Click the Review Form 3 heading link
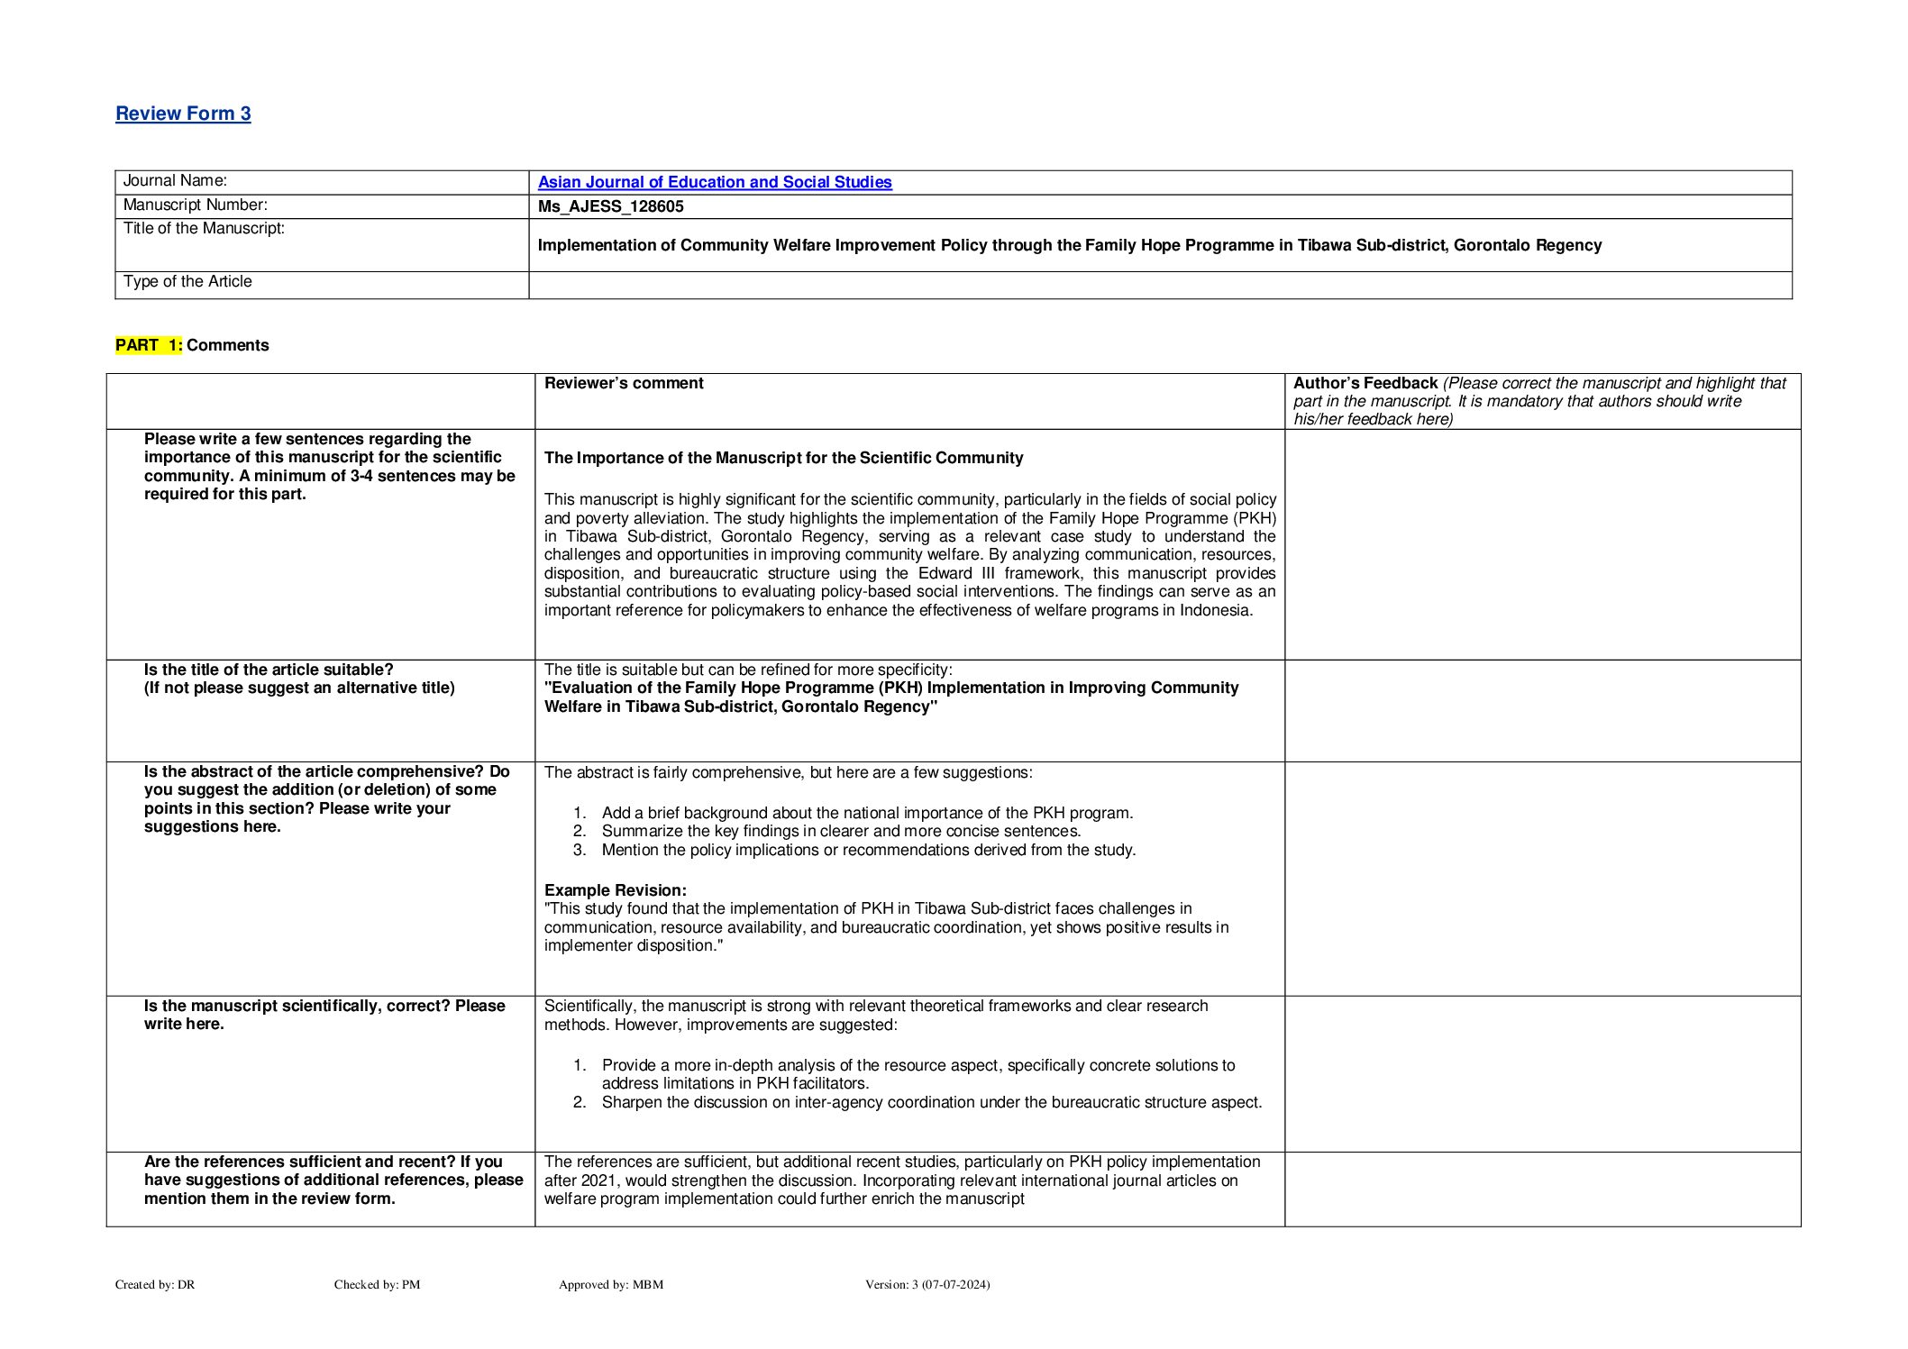tap(183, 114)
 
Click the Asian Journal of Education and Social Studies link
tap(715, 182)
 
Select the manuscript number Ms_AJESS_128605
tap(610, 206)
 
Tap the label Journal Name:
tap(175, 181)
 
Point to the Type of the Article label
tap(187, 282)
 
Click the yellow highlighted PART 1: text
tap(149, 345)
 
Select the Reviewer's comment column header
tap(624, 383)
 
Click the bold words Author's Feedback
tap(1365, 383)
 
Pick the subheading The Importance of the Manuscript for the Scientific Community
tap(783, 458)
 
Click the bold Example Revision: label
tap(615, 890)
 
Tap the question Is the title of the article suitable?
tap(269, 670)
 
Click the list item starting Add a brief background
tap(867, 813)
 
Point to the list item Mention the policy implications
tap(868, 850)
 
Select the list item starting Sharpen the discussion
tap(931, 1102)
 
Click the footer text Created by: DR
tap(155, 1284)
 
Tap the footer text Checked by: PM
tap(377, 1284)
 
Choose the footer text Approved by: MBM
tap(610, 1284)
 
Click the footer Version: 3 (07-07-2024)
tap(927, 1284)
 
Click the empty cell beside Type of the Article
tap(1159, 285)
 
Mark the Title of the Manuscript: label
tap(204, 229)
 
